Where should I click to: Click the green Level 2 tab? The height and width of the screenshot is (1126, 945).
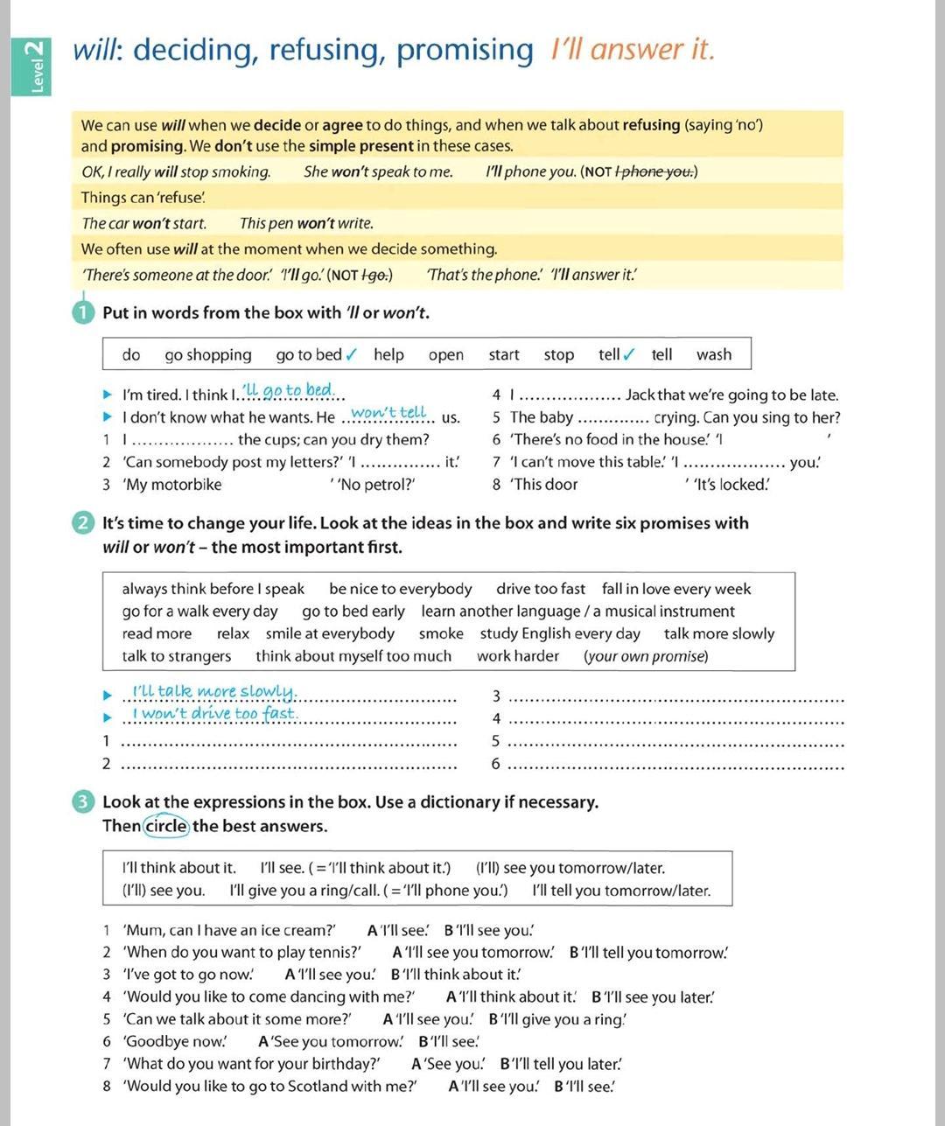[x=31, y=66]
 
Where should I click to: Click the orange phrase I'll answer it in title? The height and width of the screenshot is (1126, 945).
[x=632, y=50]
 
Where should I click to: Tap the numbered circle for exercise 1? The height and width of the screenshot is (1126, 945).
[x=84, y=312]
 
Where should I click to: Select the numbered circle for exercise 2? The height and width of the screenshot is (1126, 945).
[x=84, y=523]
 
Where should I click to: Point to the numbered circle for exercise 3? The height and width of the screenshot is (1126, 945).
[x=84, y=802]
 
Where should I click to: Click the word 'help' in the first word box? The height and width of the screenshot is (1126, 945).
[x=388, y=354]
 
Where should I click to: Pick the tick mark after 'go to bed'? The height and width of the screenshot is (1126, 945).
[x=352, y=354]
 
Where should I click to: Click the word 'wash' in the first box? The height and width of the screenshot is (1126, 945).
[x=714, y=354]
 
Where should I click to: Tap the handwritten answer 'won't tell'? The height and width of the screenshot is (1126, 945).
[x=388, y=413]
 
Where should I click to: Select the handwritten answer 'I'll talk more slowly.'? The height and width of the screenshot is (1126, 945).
[x=214, y=692]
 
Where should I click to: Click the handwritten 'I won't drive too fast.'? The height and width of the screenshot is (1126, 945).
[x=214, y=714]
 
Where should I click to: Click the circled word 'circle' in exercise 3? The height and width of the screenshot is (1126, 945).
[x=166, y=826]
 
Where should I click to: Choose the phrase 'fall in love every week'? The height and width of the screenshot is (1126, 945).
[x=676, y=589]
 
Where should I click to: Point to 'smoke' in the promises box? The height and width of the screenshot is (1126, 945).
[x=441, y=633]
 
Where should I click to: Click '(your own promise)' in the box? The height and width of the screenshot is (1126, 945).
[x=646, y=656]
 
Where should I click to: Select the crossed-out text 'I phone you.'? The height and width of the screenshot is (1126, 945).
[x=655, y=171]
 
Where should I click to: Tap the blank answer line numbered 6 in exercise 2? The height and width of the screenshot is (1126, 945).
[x=675, y=766]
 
